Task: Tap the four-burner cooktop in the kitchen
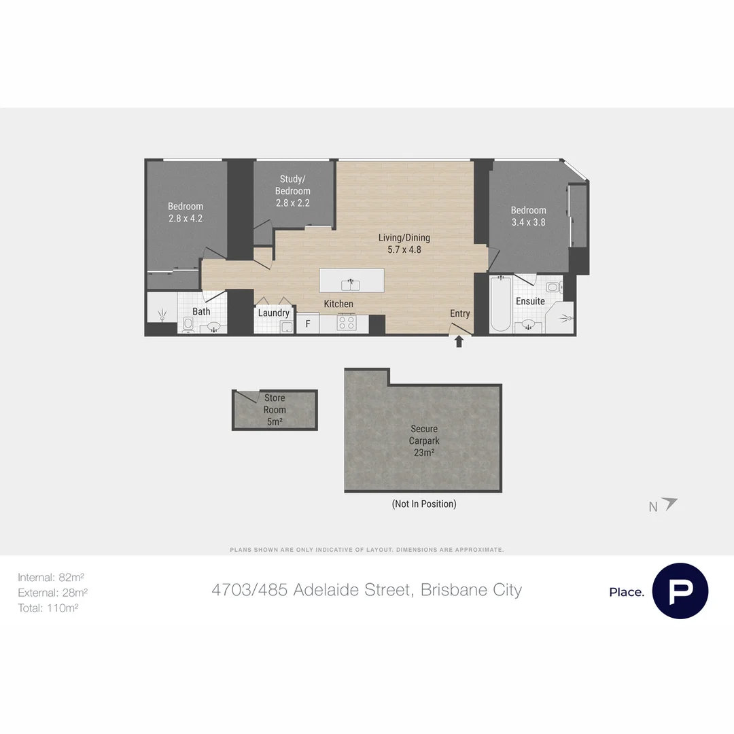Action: point(347,323)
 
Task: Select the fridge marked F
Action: point(308,324)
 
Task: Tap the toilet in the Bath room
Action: point(188,324)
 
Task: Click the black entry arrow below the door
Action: point(459,342)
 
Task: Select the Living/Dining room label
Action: point(404,243)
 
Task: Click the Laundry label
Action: point(274,313)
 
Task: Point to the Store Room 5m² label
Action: point(275,410)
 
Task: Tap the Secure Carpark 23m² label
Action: point(423,440)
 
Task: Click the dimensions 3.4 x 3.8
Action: point(528,222)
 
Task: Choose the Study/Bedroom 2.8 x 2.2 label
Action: point(293,191)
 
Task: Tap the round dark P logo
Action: point(680,591)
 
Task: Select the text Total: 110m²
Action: point(48,608)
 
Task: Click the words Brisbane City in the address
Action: point(471,590)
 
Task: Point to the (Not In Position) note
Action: point(423,504)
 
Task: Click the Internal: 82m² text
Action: point(51,577)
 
